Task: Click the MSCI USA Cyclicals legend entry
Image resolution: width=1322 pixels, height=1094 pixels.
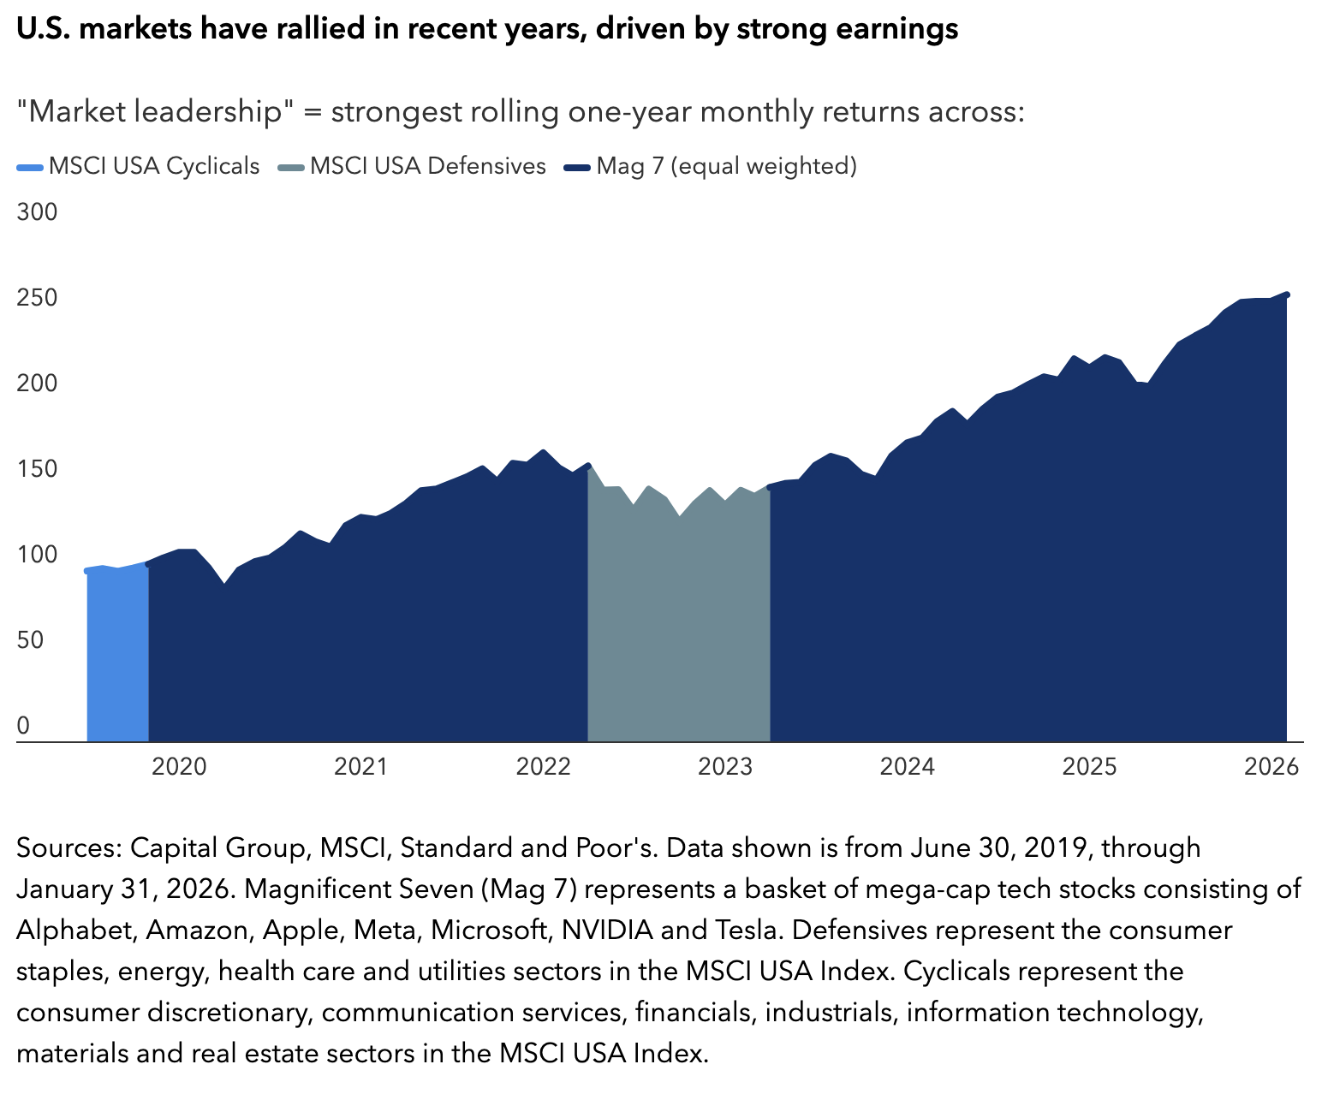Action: coord(139,166)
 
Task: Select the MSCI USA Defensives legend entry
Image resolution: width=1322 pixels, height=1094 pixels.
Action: coord(413,166)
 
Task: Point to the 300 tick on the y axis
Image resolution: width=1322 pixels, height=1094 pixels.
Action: coord(37,211)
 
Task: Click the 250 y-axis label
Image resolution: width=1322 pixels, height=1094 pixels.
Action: coord(37,298)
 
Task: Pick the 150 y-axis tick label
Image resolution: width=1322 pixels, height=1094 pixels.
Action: coord(37,469)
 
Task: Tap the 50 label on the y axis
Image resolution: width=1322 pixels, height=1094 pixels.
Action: coord(30,640)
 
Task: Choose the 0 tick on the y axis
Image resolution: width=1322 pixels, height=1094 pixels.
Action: coord(23,726)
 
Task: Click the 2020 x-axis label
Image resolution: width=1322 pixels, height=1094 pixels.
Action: coord(179,766)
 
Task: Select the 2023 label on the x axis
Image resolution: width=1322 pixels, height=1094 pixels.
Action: coord(725,766)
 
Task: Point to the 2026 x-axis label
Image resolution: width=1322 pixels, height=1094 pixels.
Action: coord(1271,766)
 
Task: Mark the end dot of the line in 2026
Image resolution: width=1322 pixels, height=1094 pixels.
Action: coord(1287,294)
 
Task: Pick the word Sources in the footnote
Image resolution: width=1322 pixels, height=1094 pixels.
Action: coord(68,847)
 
